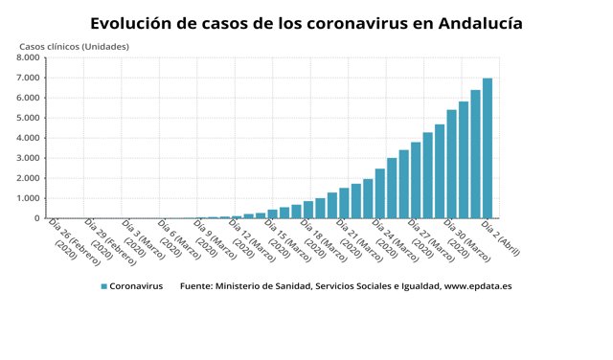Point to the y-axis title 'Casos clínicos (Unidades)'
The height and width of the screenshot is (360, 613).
(x=74, y=46)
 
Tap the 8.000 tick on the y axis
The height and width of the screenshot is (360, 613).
(x=27, y=57)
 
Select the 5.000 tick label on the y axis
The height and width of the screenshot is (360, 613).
(x=27, y=118)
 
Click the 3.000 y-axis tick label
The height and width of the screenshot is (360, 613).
(x=27, y=158)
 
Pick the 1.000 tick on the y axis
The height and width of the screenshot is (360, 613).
(x=27, y=198)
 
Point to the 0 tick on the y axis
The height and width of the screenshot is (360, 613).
(x=35, y=218)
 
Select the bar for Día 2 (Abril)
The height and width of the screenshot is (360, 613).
(x=488, y=148)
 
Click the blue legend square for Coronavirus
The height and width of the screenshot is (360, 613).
(x=102, y=286)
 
